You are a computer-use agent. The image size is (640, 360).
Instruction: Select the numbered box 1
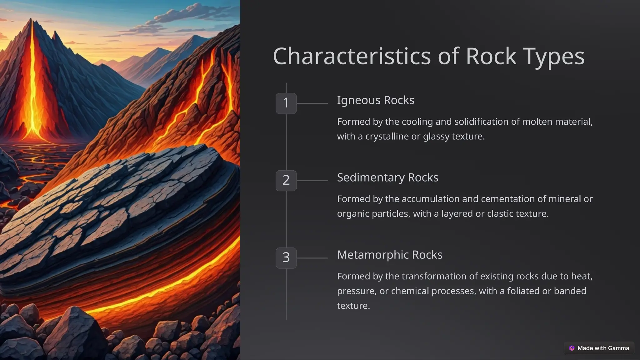point(286,103)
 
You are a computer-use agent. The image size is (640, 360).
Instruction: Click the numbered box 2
point(286,180)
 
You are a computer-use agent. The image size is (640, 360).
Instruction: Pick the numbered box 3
point(286,258)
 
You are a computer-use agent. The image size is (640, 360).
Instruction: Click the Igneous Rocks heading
point(375,100)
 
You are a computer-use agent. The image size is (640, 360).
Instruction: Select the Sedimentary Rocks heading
point(387,177)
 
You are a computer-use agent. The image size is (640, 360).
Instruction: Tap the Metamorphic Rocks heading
point(390,255)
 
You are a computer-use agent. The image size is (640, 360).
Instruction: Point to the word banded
point(570,291)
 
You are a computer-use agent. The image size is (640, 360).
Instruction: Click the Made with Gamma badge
point(599,348)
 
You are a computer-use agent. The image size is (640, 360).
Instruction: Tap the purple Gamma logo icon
point(572,348)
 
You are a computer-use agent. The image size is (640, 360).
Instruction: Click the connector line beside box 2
point(312,181)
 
